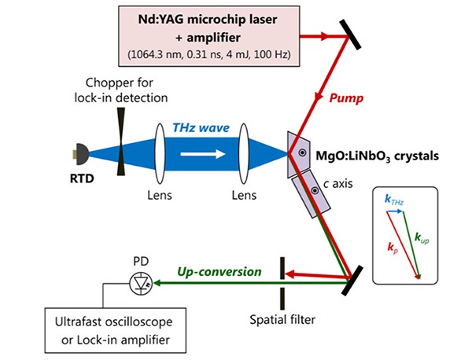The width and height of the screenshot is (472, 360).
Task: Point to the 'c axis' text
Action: (336, 186)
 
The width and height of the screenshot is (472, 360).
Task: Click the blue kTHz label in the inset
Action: (394, 202)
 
